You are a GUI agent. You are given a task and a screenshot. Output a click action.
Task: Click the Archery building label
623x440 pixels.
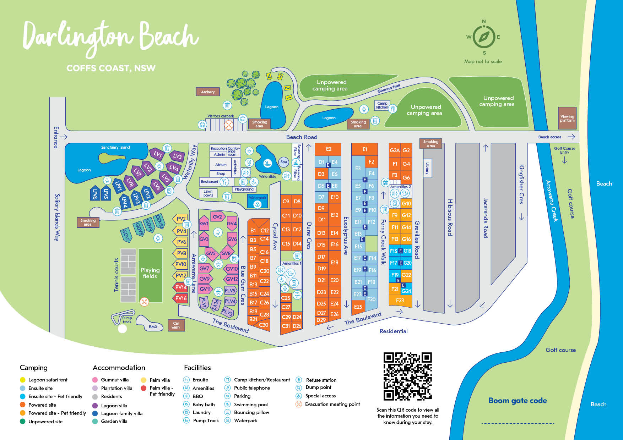pyautogui.click(x=208, y=92)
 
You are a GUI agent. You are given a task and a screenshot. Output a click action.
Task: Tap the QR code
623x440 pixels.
pyautogui.click(x=407, y=376)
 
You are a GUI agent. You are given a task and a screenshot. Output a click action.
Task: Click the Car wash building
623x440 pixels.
pyautogui.click(x=176, y=325)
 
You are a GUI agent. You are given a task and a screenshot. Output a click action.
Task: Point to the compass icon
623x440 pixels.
pyautogui.click(x=484, y=37)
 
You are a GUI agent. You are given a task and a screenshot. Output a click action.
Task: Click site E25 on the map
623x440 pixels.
pyautogui.click(x=358, y=307)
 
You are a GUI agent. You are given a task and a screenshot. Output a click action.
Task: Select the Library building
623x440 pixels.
pyautogui.click(x=427, y=168)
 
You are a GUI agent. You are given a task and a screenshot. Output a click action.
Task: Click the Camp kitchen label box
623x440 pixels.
pyautogui.click(x=382, y=105)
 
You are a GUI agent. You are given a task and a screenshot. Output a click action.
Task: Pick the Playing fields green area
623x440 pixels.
pyautogui.click(x=150, y=273)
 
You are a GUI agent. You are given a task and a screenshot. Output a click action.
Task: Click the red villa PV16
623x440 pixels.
pyautogui.click(x=181, y=298)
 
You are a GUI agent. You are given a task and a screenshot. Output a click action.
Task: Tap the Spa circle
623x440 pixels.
pyautogui.click(x=283, y=162)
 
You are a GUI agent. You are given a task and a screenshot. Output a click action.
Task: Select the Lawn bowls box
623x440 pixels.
pyautogui.click(x=208, y=193)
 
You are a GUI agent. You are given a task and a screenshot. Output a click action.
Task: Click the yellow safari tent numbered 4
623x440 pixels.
pyautogui.click(x=269, y=76)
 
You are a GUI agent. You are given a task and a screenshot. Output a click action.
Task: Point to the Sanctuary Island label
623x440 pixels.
pyautogui.click(x=115, y=147)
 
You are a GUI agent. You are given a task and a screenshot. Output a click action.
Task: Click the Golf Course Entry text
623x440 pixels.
pyautogui.click(x=564, y=150)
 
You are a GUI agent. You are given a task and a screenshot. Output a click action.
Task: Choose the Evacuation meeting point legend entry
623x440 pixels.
pyautogui.click(x=332, y=404)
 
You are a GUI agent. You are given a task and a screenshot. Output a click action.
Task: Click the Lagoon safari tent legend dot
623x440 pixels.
pyautogui.click(x=23, y=380)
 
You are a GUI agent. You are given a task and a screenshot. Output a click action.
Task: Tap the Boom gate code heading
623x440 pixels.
pyautogui.click(x=518, y=401)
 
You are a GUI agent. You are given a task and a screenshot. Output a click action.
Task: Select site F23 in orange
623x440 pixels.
pyautogui.click(x=400, y=300)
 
